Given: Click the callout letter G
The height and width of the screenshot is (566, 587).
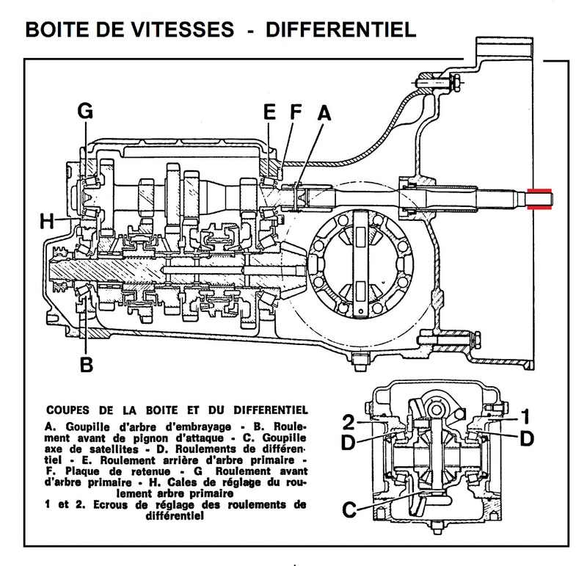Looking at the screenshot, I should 86,113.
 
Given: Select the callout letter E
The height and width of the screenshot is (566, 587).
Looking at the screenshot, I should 269,113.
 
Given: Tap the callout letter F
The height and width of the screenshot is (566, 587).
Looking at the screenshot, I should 296,113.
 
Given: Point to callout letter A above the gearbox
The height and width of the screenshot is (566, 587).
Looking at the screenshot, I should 324,113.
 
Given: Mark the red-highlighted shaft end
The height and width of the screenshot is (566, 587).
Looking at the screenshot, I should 542,199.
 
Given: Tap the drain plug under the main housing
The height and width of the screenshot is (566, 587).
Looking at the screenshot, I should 358,360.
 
